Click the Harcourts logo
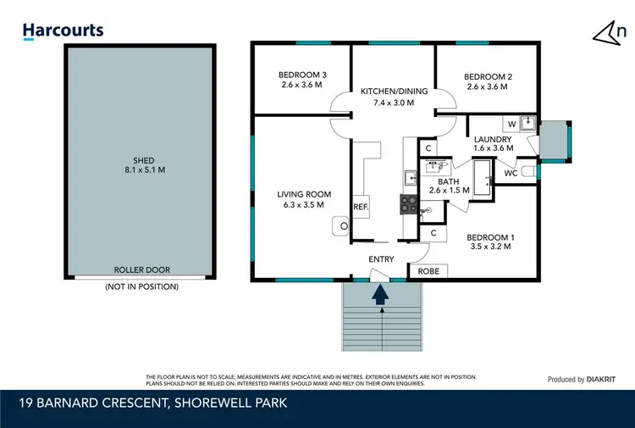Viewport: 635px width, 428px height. (x=63, y=31)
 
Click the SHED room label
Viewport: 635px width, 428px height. (x=143, y=159)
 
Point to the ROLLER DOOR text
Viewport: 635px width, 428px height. (x=142, y=270)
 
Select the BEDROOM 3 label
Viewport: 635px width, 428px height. (x=302, y=75)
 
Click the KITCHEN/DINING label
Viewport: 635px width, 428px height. (x=388, y=92)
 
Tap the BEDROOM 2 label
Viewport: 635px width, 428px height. (x=487, y=76)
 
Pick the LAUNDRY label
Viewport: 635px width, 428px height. (x=492, y=139)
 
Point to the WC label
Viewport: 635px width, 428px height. (x=511, y=173)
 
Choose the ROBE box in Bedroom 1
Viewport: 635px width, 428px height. (x=428, y=271)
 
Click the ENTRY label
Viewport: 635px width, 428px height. (x=381, y=259)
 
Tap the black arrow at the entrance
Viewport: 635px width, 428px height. (x=380, y=293)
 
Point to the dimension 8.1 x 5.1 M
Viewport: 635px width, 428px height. (x=143, y=170)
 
